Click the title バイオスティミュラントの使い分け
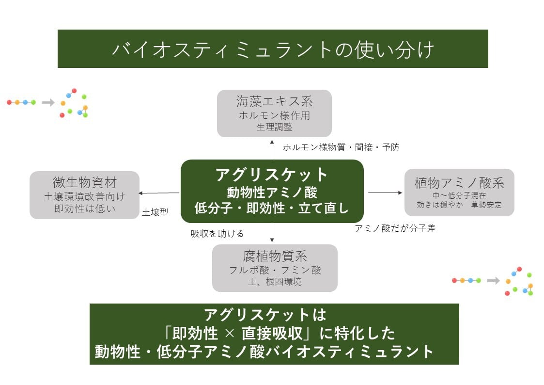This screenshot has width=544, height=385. [x=273, y=49]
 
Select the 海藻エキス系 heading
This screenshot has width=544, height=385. [x=274, y=101]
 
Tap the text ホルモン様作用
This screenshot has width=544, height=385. [x=274, y=115]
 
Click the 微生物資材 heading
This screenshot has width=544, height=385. [x=84, y=182]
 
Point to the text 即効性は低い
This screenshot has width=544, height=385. [x=84, y=209]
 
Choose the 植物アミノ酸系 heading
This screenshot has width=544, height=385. [x=459, y=183]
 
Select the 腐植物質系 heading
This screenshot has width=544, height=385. [x=275, y=256]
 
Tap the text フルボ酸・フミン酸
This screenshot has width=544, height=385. [x=275, y=270]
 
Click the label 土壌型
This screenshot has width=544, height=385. [x=155, y=212]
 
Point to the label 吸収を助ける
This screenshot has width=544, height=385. [x=217, y=234]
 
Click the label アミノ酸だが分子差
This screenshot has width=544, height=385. [x=395, y=229]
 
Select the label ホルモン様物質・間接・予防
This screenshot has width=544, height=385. [x=341, y=147]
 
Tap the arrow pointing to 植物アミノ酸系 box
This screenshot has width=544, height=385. [x=385, y=192]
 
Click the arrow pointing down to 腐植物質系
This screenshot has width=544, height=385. [x=272, y=233]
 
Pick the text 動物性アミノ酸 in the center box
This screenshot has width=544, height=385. [x=272, y=192]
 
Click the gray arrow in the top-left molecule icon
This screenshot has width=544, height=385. [x=48, y=102]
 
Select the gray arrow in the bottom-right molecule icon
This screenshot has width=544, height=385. [x=493, y=281]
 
